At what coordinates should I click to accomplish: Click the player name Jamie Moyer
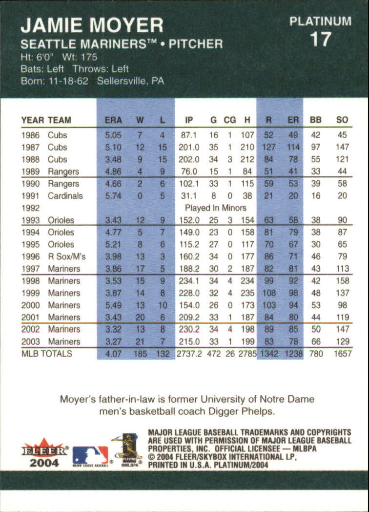pos(92,24)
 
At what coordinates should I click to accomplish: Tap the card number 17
pos(320,40)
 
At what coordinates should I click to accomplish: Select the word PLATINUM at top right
pos(320,21)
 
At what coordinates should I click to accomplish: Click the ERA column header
pos(113,120)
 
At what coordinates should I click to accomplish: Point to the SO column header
pos(342,120)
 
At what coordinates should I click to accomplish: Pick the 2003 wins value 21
pos(140,341)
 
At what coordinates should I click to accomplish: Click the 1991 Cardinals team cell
pos(65,196)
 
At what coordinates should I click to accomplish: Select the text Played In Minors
pos(215,208)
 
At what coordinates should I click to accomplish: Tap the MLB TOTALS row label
pos(46,354)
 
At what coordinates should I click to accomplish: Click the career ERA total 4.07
pos(113,354)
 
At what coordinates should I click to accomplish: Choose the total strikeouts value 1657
pos(342,354)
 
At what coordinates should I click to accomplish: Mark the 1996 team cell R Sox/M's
pos(66,256)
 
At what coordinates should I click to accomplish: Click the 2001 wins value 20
pos(140,317)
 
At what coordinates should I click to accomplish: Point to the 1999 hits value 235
pos(247,293)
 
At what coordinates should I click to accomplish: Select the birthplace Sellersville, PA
pos(130,81)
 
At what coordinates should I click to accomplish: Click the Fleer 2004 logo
pos(44,453)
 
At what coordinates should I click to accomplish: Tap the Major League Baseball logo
pos(90,455)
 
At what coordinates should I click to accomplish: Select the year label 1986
pos(30,135)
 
